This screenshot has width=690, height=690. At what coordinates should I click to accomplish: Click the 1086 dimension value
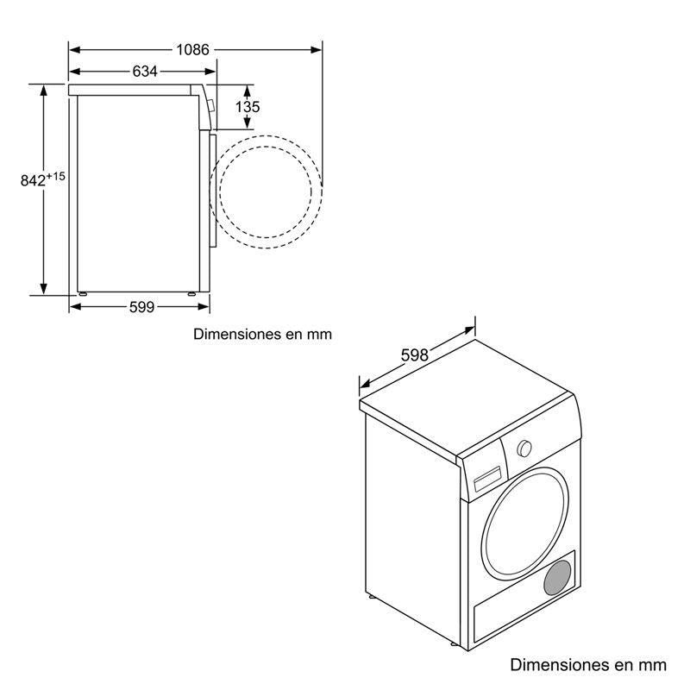tap(193, 49)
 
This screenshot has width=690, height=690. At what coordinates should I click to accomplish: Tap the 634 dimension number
tap(144, 72)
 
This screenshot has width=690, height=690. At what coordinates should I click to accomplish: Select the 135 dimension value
tap(248, 107)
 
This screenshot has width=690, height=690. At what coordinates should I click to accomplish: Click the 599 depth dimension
tap(141, 307)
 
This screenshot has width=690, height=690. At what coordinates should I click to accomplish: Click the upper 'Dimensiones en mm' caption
tap(262, 334)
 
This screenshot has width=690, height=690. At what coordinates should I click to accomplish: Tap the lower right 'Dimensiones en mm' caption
tap(588, 664)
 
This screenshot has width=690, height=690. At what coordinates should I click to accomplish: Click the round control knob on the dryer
tap(524, 448)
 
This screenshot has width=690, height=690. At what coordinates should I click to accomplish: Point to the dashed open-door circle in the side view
tap(268, 191)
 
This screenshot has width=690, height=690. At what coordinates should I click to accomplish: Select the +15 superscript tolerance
tap(56, 176)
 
